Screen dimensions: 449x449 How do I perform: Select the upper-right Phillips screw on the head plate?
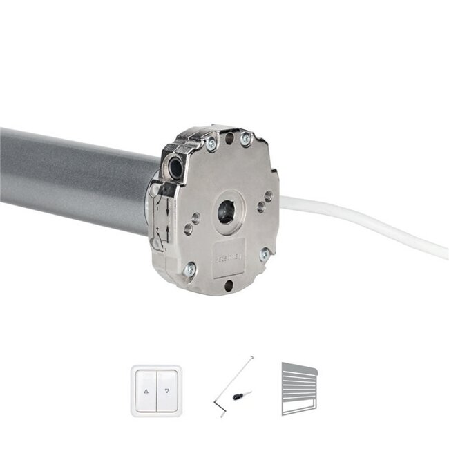[245, 140]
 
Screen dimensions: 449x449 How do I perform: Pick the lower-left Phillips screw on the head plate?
[190, 269]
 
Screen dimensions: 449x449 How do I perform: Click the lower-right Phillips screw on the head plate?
[265, 254]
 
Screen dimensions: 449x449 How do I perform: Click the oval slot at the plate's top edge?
[229, 138]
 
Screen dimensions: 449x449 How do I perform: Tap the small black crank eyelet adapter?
[240, 396]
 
